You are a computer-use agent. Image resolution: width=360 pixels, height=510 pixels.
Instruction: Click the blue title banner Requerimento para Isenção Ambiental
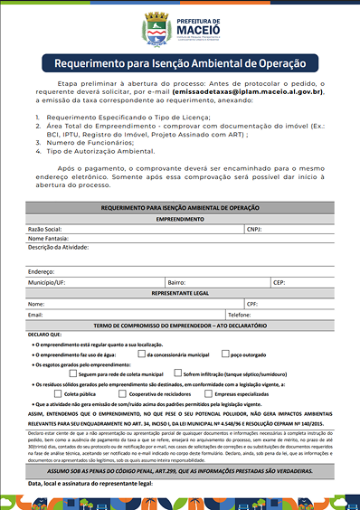(179, 65)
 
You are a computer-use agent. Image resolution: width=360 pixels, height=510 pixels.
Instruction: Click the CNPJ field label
(255, 230)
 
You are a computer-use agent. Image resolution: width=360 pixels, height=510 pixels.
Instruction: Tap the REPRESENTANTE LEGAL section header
(180, 293)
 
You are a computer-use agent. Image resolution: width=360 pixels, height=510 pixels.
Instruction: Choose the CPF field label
(253, 304)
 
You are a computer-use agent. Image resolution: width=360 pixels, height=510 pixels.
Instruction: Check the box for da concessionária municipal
(154, 355)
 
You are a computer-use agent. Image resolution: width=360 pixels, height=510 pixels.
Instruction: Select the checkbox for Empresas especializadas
(207, 394)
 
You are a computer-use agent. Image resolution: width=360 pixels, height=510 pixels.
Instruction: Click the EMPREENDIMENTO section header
(180, 220)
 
